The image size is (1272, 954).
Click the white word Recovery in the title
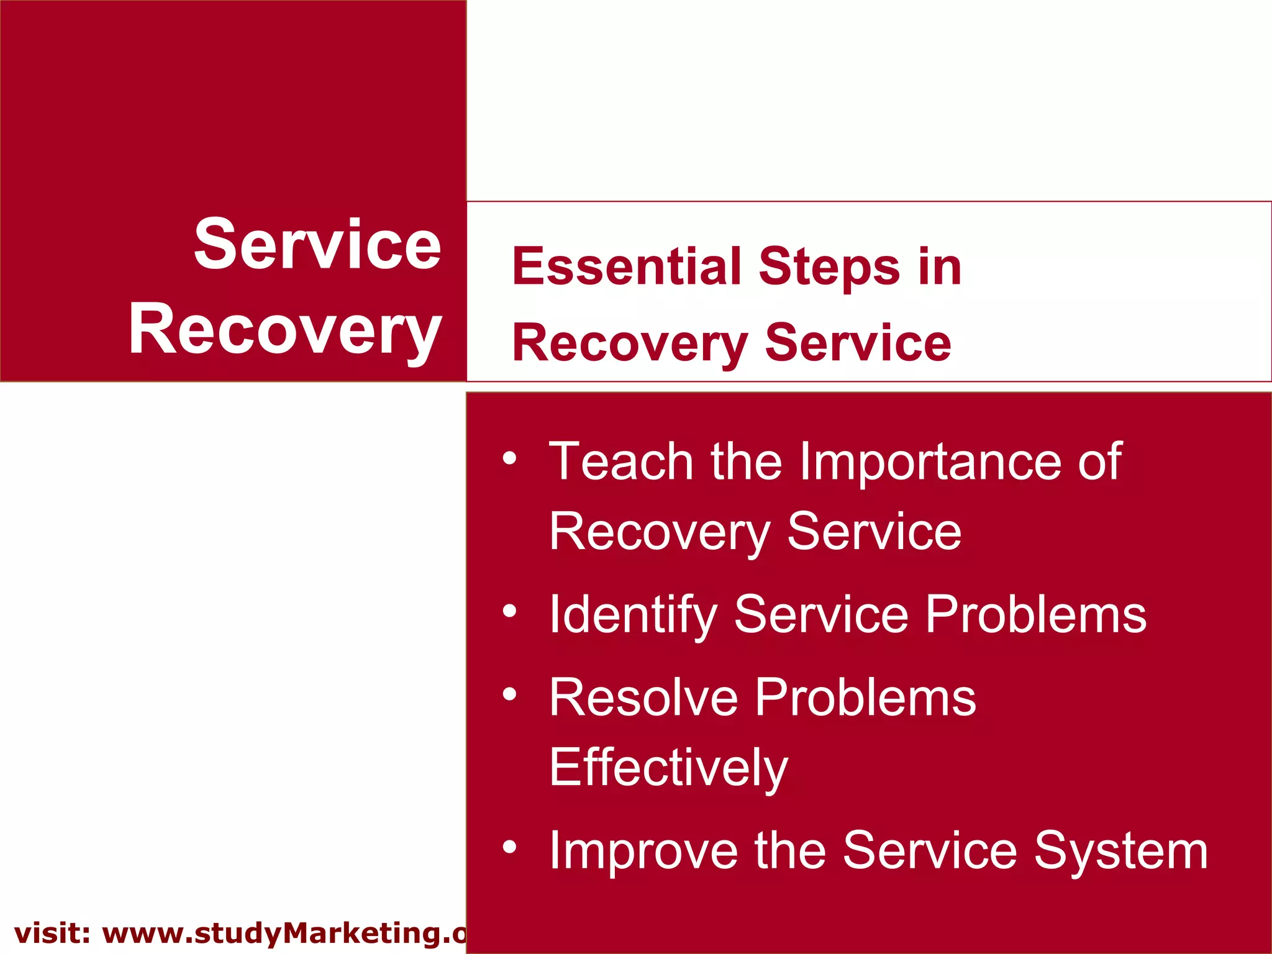pos(285,330)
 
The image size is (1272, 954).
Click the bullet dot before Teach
pos(509,458)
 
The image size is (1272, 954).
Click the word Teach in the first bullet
pos(621,461)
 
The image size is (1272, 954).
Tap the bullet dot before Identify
pos(509,611)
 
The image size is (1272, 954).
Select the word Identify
pos(633,615)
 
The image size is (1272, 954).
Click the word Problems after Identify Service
pos(1035,615)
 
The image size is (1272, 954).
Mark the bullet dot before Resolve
pos(509,694)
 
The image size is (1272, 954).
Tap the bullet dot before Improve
pos(509,847)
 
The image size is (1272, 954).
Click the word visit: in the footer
pos(52,934)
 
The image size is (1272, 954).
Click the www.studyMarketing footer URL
pos(283,934)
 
